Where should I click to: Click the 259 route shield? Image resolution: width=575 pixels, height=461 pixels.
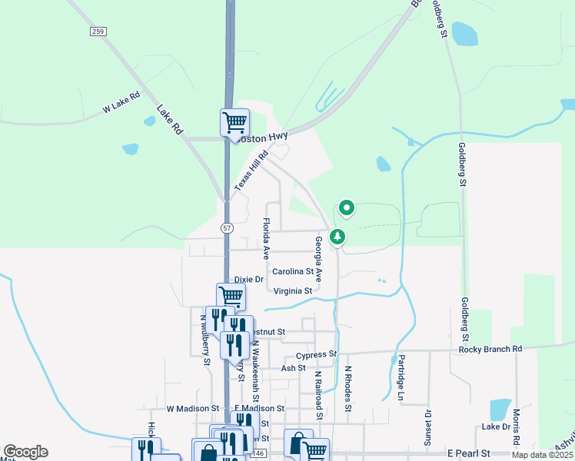click(97, 31)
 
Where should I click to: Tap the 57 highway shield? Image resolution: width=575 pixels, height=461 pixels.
click(227, 227)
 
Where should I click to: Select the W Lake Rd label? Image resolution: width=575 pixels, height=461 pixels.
click(122, 102)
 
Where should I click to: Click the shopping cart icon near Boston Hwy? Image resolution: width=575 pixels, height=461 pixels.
click(234, 122)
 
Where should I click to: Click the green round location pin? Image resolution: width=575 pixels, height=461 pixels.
click(347, 207)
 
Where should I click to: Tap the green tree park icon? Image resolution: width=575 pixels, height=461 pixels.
click(337, 237)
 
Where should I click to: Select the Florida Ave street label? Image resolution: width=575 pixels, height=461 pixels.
click(266, 237)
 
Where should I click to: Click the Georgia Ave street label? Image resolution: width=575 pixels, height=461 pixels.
click(317, 259)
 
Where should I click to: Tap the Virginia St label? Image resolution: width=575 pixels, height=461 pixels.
click(292, 291)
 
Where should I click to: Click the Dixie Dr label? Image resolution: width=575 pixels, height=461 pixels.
click(248, 280)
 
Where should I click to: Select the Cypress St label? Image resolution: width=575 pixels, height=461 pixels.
click(316, 354)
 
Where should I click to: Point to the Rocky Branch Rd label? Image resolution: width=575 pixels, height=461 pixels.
click(490, 349)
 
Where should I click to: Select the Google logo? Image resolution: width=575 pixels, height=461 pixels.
click(25, 452)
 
